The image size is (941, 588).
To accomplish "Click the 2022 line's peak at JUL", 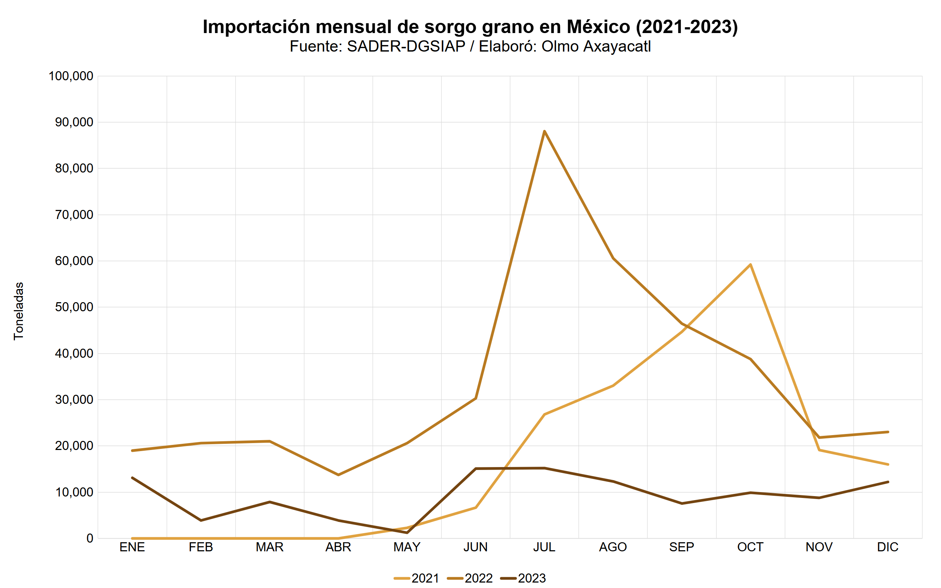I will pyautogui.click(x=544, y=131).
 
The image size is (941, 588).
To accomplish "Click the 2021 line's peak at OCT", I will pyautogui.click(x=750, y=265).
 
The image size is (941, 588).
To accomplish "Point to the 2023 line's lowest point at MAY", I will pyautogui.click(x=407, y=532).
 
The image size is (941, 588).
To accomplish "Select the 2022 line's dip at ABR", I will pyautogui.click(x=338, y=475).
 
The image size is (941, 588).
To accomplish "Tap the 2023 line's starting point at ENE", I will pyautogui.click(x=132, y=478).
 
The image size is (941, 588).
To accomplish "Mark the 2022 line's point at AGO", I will pyautogui.click(x=613, y=258).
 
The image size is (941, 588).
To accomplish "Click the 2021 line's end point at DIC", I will pyautogui.click(x=888, y=464).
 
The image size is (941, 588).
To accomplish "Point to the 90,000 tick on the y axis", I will pyautogui.click(x=74, y=122).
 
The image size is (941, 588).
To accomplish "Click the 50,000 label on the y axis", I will pyautogui.click(x=74, y=307).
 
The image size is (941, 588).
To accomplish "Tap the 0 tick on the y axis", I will pyautogui.click(x=90, y=538).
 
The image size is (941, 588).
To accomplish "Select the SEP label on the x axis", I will pyautogui.click(x=682, y=547).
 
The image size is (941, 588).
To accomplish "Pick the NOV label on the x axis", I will pyautogui.click(x=819, y=547).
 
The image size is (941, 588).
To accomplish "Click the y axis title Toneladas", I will pyautogui.click(x=19, y=311).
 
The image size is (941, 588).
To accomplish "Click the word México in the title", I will pyautogui.click(x=598, y=27).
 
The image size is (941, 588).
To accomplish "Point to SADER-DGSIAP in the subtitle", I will pyautogui.click(x=406, y=46).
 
